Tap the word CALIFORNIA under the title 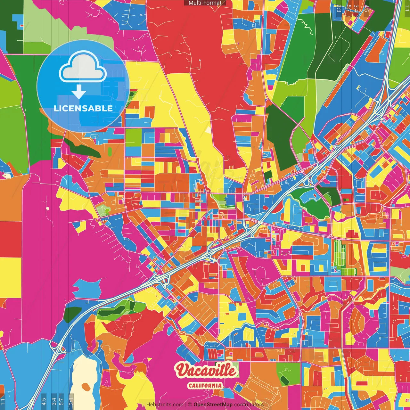(x=205, y=385)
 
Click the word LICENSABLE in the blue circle (x=83, y=108)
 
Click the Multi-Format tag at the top (x=205, y=3)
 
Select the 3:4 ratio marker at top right (x=356, y=8)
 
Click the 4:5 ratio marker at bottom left (x=44, y=401)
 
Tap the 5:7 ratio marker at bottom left (x=61, y=401)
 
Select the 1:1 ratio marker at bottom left (x=3, y=401)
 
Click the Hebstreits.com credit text (x=165, y=405)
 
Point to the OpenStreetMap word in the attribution (x=213, y=405)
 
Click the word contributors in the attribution (x=249, y=405)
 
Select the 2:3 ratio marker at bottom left (x=71, y=401)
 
